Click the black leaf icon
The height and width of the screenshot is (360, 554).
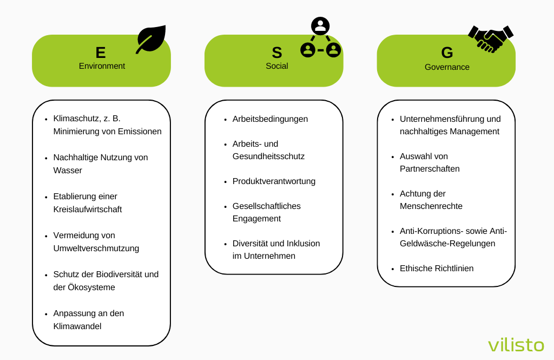152,38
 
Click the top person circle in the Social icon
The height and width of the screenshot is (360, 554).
320,26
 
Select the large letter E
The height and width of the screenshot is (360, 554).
101,53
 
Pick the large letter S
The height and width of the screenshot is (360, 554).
277,53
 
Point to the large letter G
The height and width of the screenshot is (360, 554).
447,53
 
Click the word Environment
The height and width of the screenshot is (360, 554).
102,66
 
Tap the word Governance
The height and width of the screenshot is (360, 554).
447,67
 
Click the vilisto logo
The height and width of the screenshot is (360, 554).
516,345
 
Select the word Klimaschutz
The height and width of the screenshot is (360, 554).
76,119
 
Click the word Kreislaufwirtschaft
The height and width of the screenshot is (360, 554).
88,210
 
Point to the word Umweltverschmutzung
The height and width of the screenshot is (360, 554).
96,248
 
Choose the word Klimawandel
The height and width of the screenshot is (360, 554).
77,326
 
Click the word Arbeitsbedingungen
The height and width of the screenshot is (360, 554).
270,119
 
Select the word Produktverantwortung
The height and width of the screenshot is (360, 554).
274,181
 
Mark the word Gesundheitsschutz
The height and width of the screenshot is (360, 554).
268,156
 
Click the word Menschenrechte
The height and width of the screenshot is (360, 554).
431,206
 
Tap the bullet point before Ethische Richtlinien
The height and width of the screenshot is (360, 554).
393,269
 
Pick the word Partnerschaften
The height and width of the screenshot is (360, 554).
430,169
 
